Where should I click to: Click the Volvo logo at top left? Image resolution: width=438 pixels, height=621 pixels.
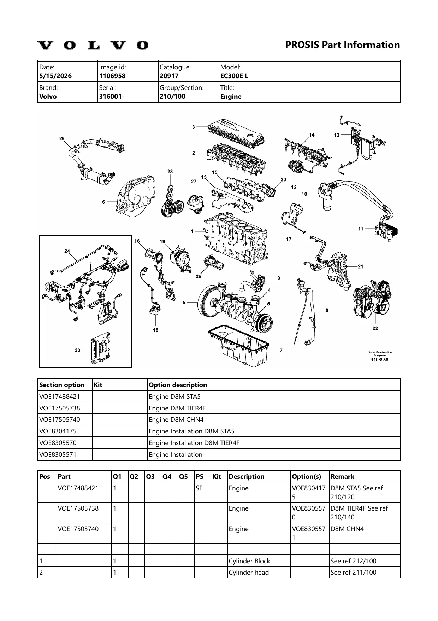coord(93,45)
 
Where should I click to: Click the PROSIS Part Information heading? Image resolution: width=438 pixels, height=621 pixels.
coord(342,45)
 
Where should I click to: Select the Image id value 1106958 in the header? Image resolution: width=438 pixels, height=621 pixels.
coord(112,76)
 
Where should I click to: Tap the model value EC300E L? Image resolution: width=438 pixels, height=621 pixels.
coord(234,76)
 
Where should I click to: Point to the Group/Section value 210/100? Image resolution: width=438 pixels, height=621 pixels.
coord(172,97)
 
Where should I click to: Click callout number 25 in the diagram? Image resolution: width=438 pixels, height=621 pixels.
coord(62,138)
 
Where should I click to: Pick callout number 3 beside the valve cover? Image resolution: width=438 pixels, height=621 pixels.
coord(194,127)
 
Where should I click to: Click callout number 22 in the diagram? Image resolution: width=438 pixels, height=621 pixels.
coord(375,328)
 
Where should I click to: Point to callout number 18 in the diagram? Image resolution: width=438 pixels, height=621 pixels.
coord(155,330)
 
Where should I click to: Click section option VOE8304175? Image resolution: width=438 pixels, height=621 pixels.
coord(58,431)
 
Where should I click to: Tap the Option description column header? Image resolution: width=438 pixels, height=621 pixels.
coord(178,385)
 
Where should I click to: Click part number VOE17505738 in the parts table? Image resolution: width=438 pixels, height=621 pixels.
coord(78,508)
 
